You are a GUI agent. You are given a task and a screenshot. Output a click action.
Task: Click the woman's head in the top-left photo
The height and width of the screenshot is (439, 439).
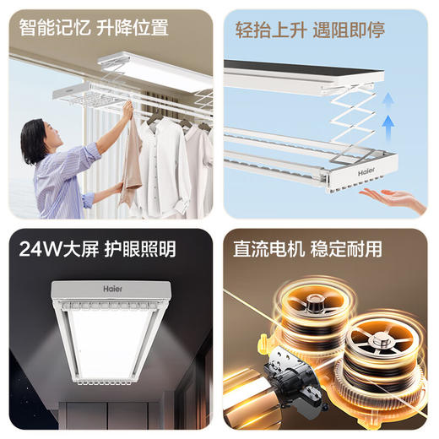pyautogui.click(x=38, y=135)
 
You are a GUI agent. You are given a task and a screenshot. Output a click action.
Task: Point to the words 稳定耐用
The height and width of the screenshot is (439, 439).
pyautogui.click(x=348, y=250)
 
